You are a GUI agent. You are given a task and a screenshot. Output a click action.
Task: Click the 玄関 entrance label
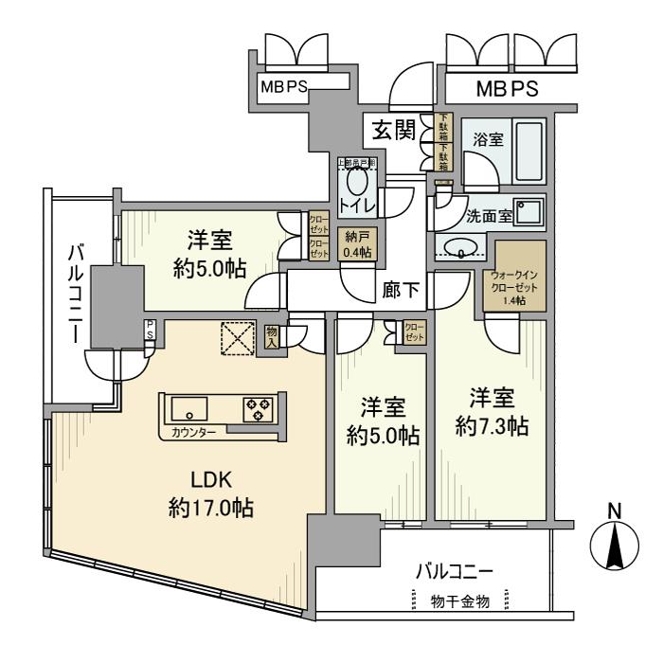(x=394, y=130)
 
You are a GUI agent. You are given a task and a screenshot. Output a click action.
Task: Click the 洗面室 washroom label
(x=489, y=215)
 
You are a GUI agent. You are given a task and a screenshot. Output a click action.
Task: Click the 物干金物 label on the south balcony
(x=458, y=600)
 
